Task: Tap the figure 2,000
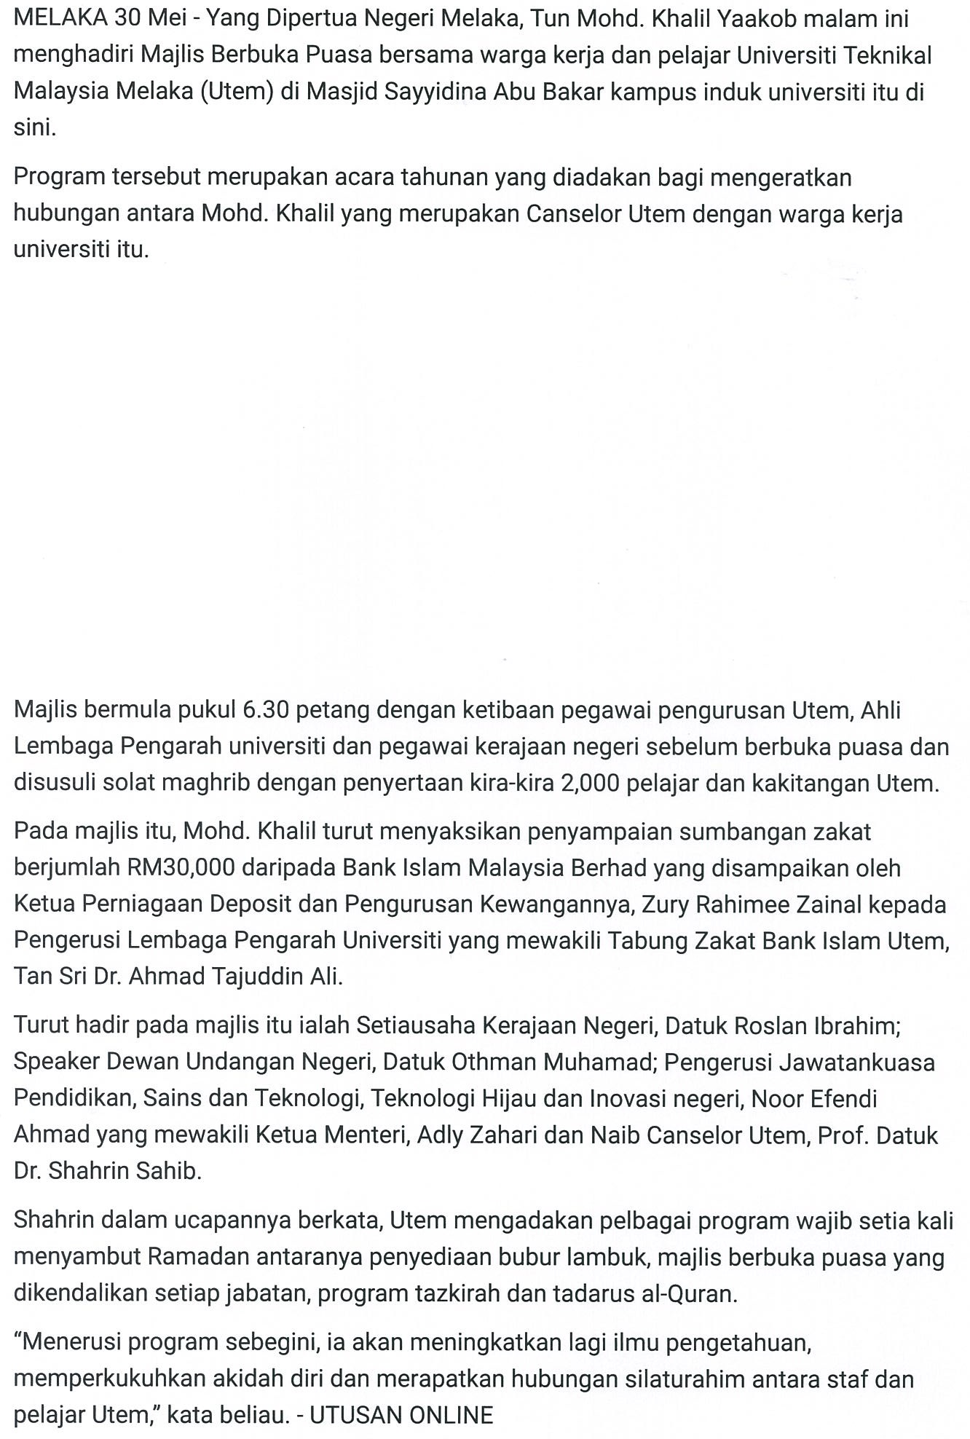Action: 589,783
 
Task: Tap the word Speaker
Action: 57,1063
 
